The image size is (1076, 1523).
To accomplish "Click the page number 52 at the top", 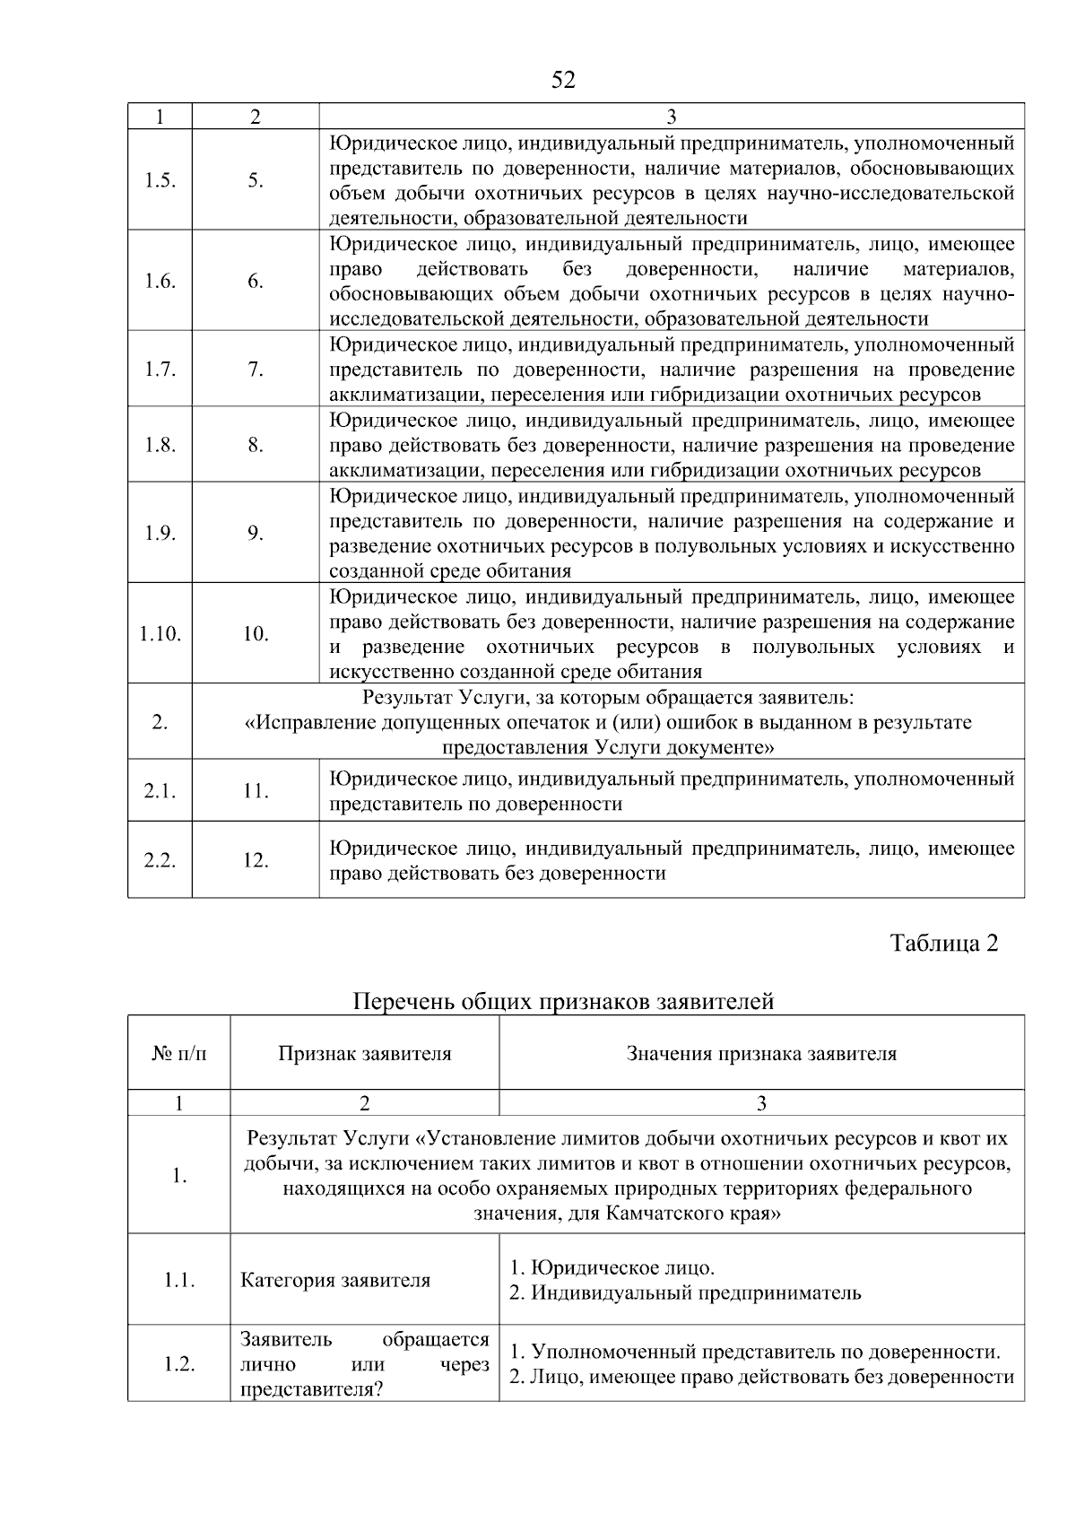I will [x=562, y=81].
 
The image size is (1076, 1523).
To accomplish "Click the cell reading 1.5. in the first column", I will [x=160, y=180].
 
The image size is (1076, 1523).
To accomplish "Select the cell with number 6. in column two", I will [x=256, y=281].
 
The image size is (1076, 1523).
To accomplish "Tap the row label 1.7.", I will [x=160, y=369].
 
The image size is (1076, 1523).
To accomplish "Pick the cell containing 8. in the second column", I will [x=256, y=445].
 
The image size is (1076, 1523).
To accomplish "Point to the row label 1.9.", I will [x=160, y=533].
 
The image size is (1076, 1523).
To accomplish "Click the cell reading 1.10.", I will [x=160, y=634].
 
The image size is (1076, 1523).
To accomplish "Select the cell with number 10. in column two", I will [x=256, y=634].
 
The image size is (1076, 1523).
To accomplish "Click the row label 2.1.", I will [x=160, y=790].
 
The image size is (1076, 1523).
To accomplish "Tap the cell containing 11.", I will [x=256, y=790].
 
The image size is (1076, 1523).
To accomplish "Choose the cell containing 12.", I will [x=256, y=860].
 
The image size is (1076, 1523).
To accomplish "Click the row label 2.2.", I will [x=160, y=860].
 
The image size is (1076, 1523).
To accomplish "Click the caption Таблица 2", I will [x=943, y=943].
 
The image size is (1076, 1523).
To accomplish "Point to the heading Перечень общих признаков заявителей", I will [x=563, y=1001].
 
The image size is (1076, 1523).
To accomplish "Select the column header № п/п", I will [x=178, y=1053].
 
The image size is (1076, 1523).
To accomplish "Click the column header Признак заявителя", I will [x=364, y=1053].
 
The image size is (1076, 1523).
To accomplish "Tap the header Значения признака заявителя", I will [x=761, y=1053].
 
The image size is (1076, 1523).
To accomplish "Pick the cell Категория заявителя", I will [x=335, y=1280].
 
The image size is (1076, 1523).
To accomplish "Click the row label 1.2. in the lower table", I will [x=179, y=1363].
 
